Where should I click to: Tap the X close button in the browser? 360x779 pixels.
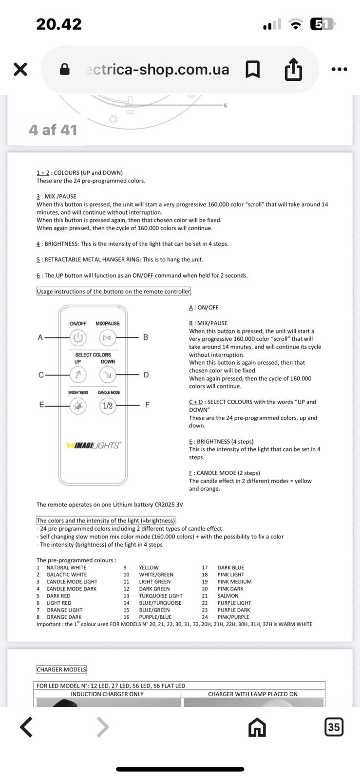20,69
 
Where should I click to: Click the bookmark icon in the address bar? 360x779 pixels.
252,69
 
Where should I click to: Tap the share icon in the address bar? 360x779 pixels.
293,69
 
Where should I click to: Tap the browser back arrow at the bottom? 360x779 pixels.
26,727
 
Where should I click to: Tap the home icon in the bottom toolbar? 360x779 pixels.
257,727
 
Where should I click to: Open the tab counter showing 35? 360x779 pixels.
334,727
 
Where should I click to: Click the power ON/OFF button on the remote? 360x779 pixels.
78,337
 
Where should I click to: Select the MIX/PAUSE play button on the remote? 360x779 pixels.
108,337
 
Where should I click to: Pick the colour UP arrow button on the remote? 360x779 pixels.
78,374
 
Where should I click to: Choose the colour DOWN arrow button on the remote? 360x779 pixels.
108,374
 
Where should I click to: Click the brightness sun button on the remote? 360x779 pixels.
78,406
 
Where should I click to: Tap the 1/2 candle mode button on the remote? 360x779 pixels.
108,406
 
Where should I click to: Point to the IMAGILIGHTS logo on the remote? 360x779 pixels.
93,445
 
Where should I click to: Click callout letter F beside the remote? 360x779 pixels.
147,405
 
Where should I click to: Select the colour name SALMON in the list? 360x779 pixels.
228,595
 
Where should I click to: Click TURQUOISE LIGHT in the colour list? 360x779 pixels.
161,595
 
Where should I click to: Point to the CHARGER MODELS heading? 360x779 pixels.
61,669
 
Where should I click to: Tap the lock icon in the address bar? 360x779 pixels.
64,70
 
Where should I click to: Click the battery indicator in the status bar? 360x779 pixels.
322,24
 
